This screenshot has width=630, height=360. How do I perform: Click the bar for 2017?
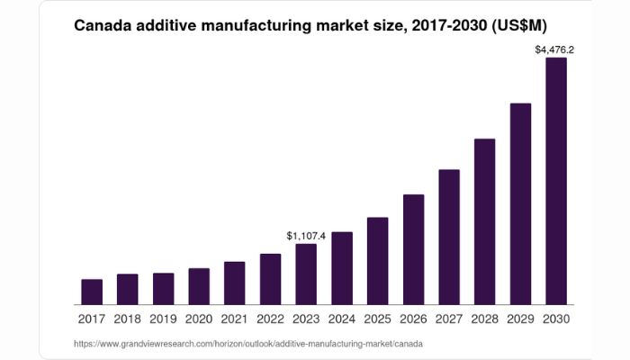tap(92, 292)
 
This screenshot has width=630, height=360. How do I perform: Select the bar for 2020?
tap(199, 286)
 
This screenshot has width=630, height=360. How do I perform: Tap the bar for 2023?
tap(306, 274)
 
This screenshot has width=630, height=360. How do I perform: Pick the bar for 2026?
tap(413, 249)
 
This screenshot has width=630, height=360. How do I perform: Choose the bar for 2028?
tap(485, 221)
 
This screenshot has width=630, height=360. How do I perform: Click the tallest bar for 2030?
tap(556, 181)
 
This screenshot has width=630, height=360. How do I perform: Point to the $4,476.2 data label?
tap(554, 50)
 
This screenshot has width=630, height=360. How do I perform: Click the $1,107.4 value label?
tap(306, 236)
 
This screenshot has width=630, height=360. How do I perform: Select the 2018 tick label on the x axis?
tap(127, 319)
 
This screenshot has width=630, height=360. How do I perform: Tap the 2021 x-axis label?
tap(234, 319)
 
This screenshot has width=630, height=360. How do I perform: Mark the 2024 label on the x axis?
tap(341, 319)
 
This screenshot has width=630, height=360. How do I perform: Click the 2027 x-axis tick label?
tap(449, 319)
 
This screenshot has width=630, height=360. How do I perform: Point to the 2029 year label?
tap(520, 319)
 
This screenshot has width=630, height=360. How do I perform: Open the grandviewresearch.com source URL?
tap(247, 344)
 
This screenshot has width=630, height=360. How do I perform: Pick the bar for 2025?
tap(378, 261)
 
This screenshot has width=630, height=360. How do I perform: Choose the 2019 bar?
tap(163, 289)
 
